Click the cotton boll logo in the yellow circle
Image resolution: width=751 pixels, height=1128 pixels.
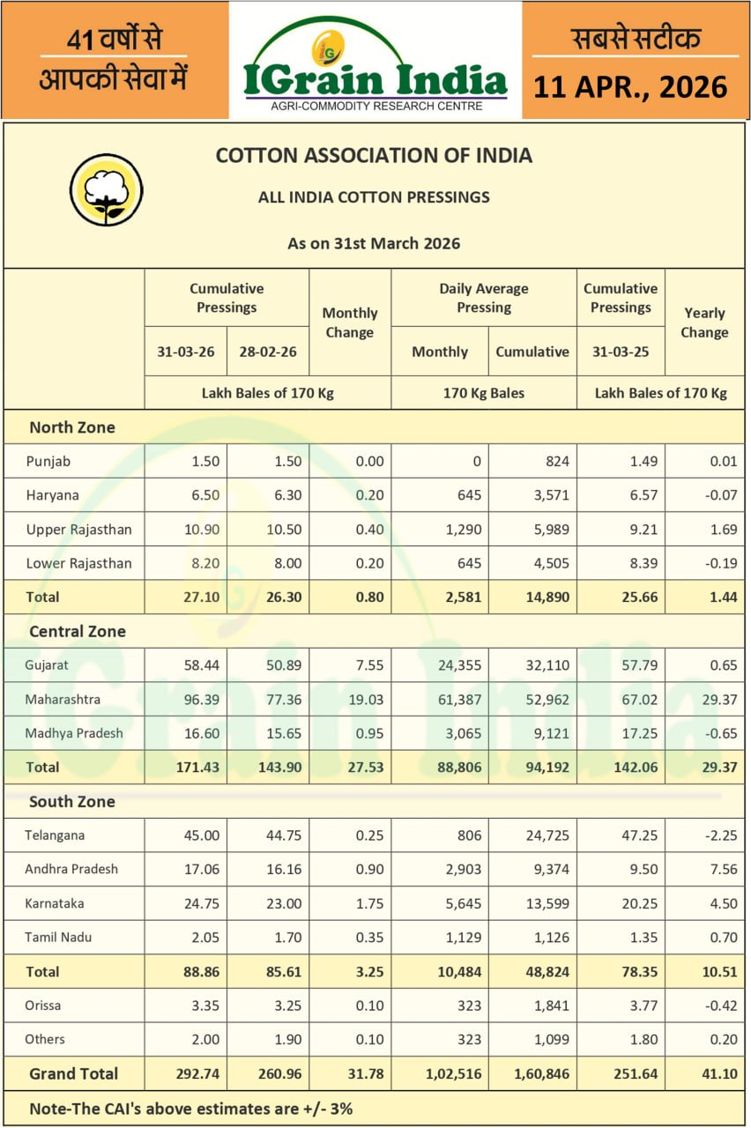tap(106, 189)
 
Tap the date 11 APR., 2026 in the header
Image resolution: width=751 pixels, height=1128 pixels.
tap(631, 86)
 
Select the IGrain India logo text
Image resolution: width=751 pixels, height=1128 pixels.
tap(375, 79)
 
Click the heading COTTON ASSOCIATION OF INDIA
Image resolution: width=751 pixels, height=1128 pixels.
tap(374, 156)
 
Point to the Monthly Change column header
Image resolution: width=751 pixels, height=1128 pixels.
tap(349, 323)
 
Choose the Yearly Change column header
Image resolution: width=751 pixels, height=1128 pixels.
tap(703, 323)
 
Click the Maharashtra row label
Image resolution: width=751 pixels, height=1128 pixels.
tap(63, 700)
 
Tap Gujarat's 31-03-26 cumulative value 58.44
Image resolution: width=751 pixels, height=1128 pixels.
tap(200, 665)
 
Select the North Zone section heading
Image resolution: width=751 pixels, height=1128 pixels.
tap(72, 427)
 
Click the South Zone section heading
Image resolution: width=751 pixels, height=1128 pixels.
tap(72, 802)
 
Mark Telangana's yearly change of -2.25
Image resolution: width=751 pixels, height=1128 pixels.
tap(718, 835)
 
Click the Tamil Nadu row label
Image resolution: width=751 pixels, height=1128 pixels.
tap(59, 937)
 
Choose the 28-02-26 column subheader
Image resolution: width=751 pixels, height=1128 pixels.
tap(268, 352)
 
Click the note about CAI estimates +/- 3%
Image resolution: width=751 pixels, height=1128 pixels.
tap(191, 1109)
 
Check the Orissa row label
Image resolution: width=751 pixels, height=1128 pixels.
tap(43, 1006)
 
